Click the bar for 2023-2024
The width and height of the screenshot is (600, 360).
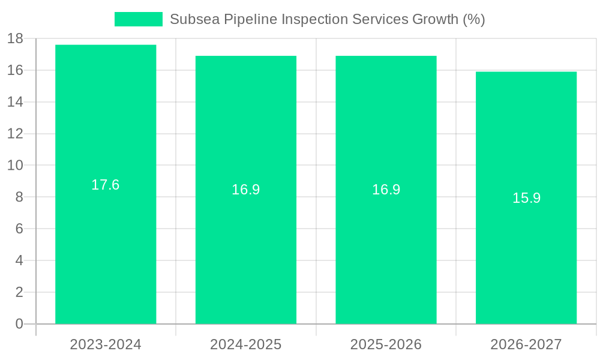coord(106,240)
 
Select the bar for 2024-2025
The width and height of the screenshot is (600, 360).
coord(246,252)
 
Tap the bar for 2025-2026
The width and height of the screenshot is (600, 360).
coord(386,252)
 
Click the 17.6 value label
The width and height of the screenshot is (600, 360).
coord(106,185)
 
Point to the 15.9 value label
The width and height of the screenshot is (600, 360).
coord(526,198)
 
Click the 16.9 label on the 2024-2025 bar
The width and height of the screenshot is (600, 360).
coord(246,190)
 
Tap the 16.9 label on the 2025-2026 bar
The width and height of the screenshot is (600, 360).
coord(386,190)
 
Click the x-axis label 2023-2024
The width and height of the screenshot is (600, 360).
coord(106,344)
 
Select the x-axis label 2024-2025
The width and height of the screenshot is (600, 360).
coord(246,344)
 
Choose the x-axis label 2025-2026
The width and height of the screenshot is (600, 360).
coord(386,344)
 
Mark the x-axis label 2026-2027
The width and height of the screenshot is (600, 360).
coord(526,344)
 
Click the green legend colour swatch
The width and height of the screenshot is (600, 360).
coord(139,19)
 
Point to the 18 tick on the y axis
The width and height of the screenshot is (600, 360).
coord(15,38)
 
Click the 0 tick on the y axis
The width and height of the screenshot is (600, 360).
coord(19,324)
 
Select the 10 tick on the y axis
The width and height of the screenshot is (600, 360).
coord(15,166)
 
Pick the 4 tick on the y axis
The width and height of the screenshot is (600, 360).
coord(19,260)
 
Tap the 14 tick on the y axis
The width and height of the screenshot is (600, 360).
coord(15,102)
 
